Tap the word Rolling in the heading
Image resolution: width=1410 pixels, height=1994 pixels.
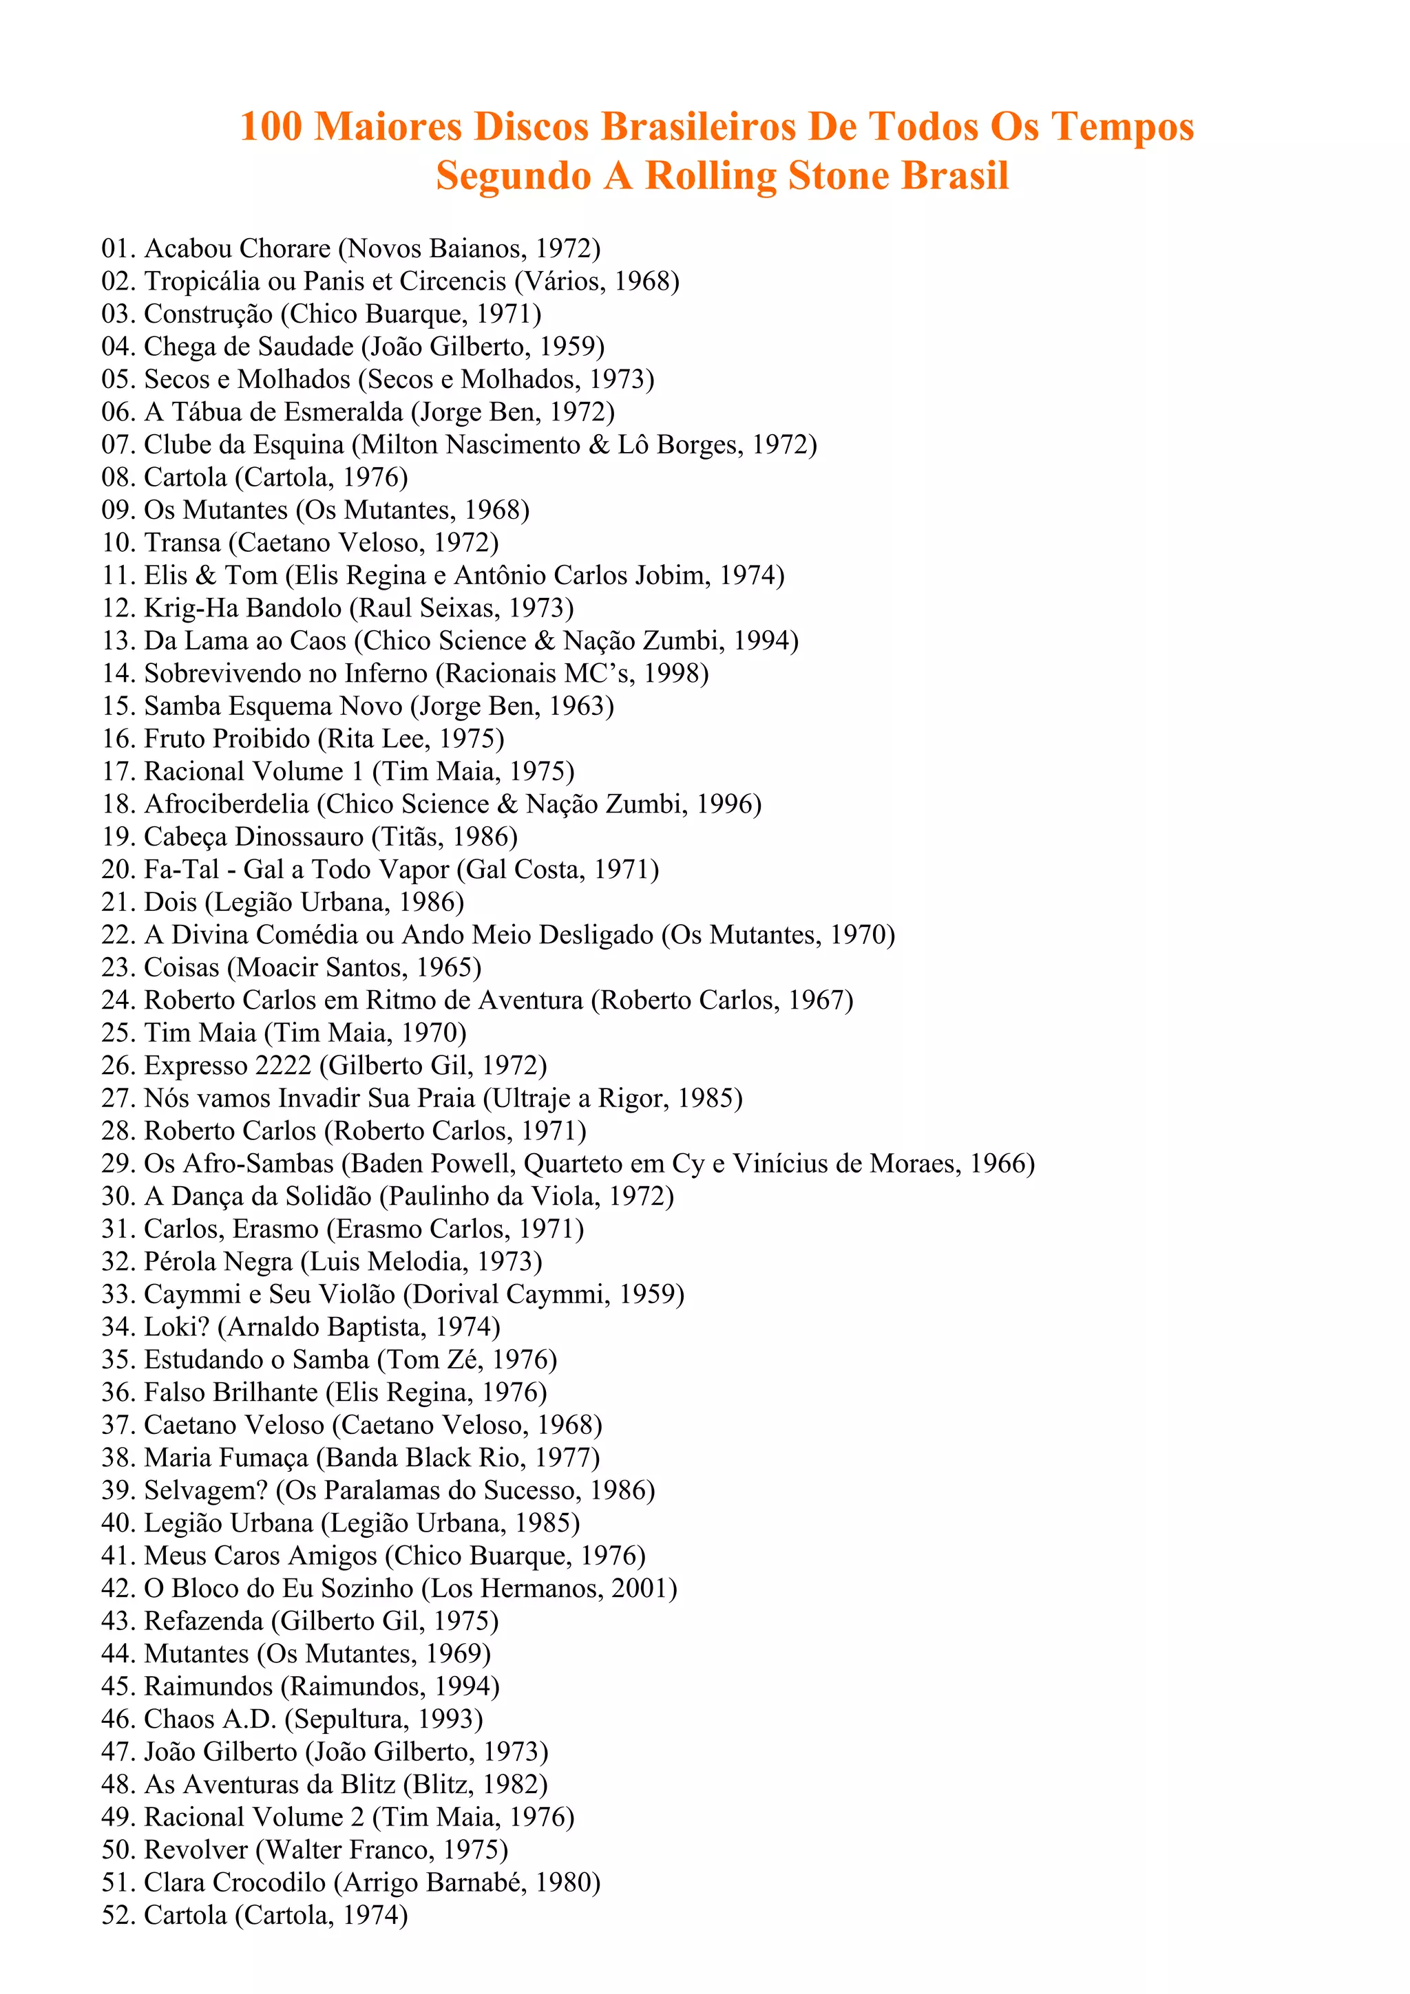(711, 175)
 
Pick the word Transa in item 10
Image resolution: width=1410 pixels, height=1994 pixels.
(182, 543)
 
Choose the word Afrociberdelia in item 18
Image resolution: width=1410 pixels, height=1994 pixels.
(226, 804)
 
